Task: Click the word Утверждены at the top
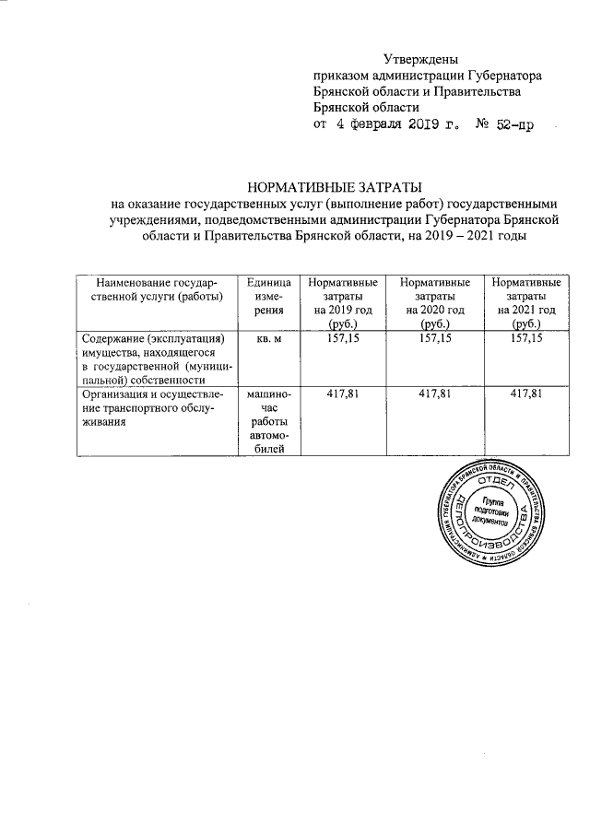pyautogui.click(x=419, y=60)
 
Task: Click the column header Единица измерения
pyautogui.click(x=268, y=297)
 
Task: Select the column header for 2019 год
pyautogui.click(x=343, y=303)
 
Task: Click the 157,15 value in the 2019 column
pyautogui.click(x=343, y=340)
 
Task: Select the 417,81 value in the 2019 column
pyautogui.click(x=343, y=394)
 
